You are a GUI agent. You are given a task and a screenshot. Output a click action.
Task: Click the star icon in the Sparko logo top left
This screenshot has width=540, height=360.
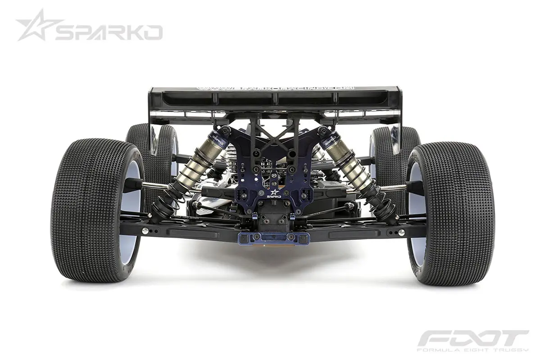(x=37, y=26)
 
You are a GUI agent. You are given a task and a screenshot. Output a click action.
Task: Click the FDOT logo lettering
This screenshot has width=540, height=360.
(x=473, y=339)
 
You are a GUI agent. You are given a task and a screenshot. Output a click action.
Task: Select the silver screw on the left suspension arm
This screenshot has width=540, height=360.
(x=145, y=231)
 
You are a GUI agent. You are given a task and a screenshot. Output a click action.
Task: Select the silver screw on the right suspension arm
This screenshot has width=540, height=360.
(x=400, y=232)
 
